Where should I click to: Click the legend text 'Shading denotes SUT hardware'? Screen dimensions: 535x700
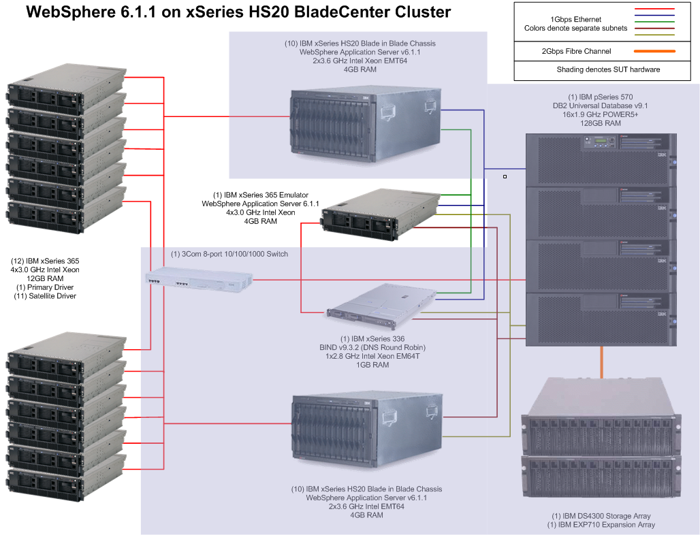click(x=608, y=69)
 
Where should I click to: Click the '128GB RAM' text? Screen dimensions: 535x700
click(x=599, y=123)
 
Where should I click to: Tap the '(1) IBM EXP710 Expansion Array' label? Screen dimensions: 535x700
click(x=601, y=525)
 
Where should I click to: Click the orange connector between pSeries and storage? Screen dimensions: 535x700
click(x=601, y=361)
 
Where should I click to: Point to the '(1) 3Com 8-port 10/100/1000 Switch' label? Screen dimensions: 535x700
click(x=229, y=254)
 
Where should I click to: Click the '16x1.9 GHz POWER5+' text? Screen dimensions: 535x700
click(x=599, y=114)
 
